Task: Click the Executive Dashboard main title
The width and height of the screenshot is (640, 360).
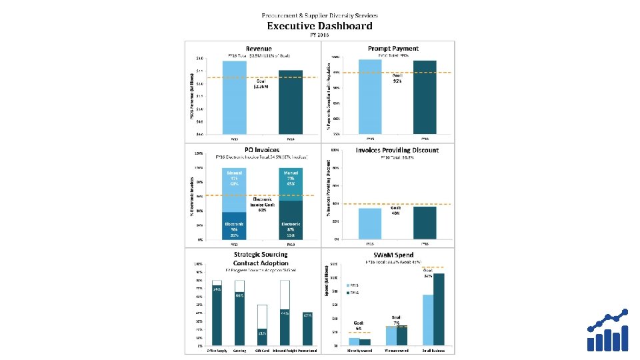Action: [320, 26]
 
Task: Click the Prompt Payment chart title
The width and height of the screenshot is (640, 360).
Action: [393, 48]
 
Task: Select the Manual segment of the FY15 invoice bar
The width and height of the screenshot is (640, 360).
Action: [235, 189]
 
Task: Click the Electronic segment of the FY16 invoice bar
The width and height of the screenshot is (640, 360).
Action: [291, 219]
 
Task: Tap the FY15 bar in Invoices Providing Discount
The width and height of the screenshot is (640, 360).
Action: [370, 223]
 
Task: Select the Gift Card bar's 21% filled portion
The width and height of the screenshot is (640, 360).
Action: [262, 337]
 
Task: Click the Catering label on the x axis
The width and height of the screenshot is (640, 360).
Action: [239, 349]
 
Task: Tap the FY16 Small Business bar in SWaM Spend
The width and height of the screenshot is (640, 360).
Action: [439, 309]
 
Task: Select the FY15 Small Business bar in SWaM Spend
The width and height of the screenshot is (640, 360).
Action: [428, 320]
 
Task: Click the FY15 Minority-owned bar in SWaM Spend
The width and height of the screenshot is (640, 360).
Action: [354, 341]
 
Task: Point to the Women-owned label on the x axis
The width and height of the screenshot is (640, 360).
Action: [396, 349]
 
